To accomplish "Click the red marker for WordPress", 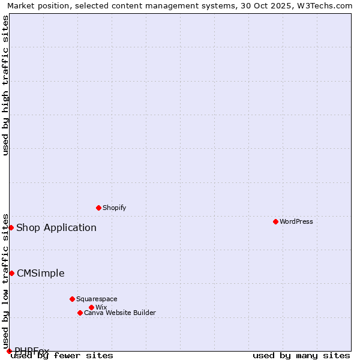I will pyautogui.click(x=275, y=221).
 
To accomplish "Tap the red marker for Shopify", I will pyautogui.click(x=98, y=208).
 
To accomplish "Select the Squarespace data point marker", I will pyautogui.click(x=72, y=299).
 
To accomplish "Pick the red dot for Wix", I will pyautogui.click(x=91, y=307).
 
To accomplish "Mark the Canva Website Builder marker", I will pyautogui.click(x=80, y=313).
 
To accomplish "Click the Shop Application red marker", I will pyautogui.click(x=11, y=227).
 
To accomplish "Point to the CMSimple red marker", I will pyautogui.click(x=11, y=273).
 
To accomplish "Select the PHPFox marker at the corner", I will pyautogui.click(x=9, y=351).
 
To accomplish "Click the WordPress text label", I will pyautogui.click(x=296, y=221).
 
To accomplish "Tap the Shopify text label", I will pyautogui.click(x=114, y=208).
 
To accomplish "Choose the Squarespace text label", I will pyautogui.click(x=97, y=299).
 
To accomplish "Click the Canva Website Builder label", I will pyautogui.click(x=120, y=313).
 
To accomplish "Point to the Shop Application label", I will pyautogui.click(x=56, y=227).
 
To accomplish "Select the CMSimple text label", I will pyautogui.click(x=40, y=273).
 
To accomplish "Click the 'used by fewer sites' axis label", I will pyautogui.click(x=62, y=355).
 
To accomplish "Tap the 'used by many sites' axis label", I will pyautogui.click(x=301, y=355).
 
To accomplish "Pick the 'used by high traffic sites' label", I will pyautogui.click(x=6, y=85).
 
